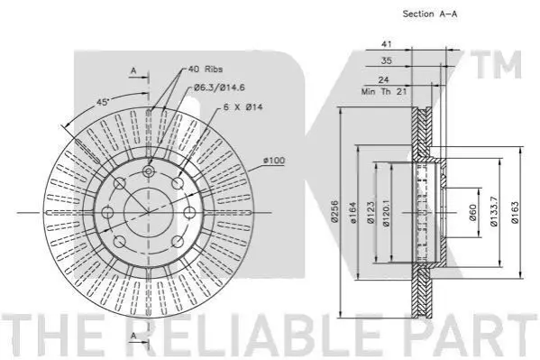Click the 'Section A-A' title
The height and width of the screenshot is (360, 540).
pyautogui.click(x=430, y=14)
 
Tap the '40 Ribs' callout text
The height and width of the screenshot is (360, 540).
pyautogui.click(x=206, y=69)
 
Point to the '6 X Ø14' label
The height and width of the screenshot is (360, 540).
pyautogui.click(x=243, y=106)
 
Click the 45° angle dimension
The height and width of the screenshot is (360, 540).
pyautogui.click(x=102, y=102)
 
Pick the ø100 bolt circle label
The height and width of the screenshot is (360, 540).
pyautogui.click(x=274, y=161)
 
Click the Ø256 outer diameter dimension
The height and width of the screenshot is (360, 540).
pyautogui.click(x=334, y=211)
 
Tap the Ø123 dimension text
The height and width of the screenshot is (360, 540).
pyautogui.click(x=371, y=213)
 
